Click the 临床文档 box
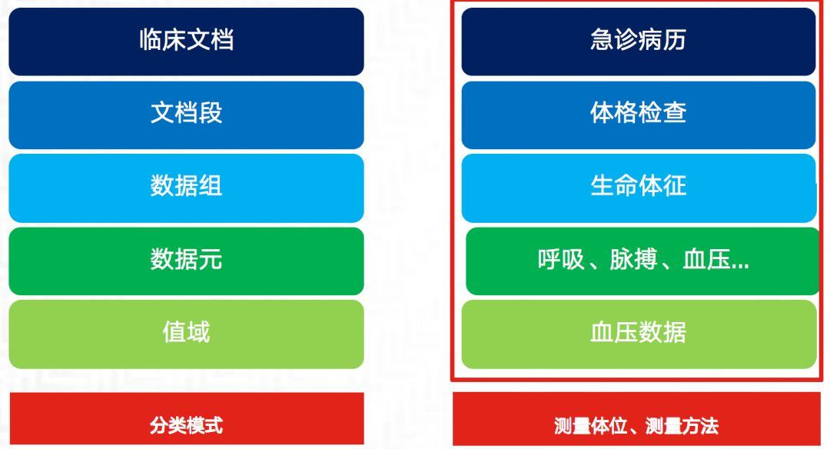[x=186, y=42]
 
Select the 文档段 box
[x=186, y=115]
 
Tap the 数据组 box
[x=186, y=188]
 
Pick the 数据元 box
[x=186, y=261]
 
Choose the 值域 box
[x=186, y=334]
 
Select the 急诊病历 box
[x=638, y=42]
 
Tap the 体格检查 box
[x=638, y=115]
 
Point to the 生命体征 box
[x=638, y=188]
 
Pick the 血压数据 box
[x=638, y=334]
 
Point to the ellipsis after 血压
[x=740, y=264]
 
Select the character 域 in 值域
[x=198, y=334]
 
